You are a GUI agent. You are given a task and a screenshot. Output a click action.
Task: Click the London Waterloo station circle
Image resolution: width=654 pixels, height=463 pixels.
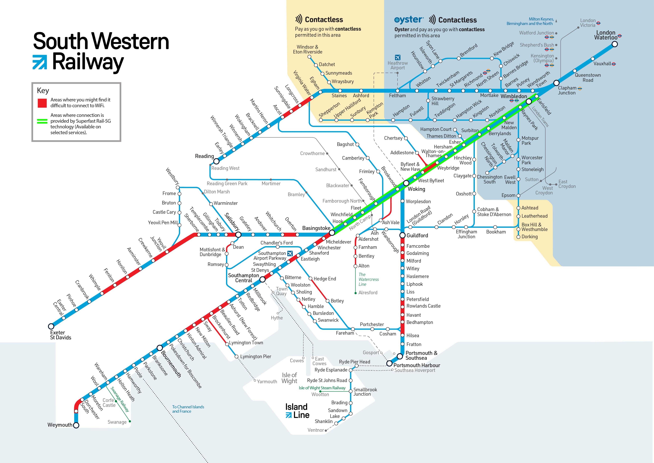click(x=615, y=44)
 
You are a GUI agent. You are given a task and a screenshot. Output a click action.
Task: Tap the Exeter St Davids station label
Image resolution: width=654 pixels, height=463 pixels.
click(x=60, y=335)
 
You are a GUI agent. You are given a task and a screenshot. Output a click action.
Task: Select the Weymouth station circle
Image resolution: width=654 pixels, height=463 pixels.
click(x=76, y=425)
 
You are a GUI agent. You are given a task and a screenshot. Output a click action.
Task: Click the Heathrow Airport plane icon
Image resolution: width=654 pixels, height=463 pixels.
click(x=398, y=58)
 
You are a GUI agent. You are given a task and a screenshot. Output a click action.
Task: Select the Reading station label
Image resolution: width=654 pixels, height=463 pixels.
click(x=204, y=156)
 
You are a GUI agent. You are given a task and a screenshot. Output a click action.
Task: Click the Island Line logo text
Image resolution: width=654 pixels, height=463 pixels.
click(x=297, y=411)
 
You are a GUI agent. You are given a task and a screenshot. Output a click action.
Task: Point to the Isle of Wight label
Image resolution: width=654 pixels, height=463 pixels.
click(x=289, y=378)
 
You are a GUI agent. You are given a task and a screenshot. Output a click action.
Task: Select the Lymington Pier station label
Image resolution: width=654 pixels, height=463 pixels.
click(x=255, y=357)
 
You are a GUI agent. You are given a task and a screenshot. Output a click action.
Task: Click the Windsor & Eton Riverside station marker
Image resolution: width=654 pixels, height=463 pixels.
click(x=309, y=57)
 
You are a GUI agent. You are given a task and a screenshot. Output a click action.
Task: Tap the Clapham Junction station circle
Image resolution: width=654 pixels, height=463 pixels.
click(x=556, y=83)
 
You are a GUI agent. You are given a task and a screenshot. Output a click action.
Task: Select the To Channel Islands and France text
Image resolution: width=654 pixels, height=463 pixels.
click(x=188, y=409)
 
